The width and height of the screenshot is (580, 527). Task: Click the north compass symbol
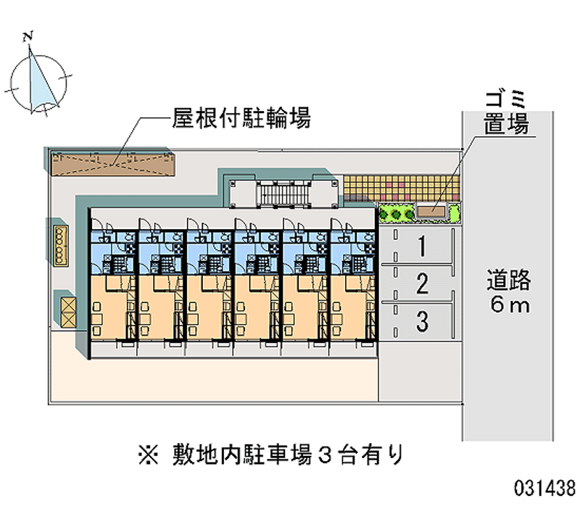[x=41, y=80]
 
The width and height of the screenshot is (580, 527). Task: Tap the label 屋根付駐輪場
[x=241, y=117]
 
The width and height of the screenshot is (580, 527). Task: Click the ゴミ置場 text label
[x=506, y=114]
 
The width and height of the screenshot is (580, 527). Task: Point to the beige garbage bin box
[x=431, y=212]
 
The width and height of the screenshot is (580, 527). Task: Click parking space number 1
[x=421, y=247]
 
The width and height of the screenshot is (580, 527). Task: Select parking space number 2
[x=421, y=283]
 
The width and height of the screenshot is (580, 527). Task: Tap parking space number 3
[x=421, y=318]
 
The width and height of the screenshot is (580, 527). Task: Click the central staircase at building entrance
[x=281, y=195]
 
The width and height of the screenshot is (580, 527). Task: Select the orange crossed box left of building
[x=67, y=310]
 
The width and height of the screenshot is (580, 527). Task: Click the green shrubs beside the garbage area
[x=394, y=214]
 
